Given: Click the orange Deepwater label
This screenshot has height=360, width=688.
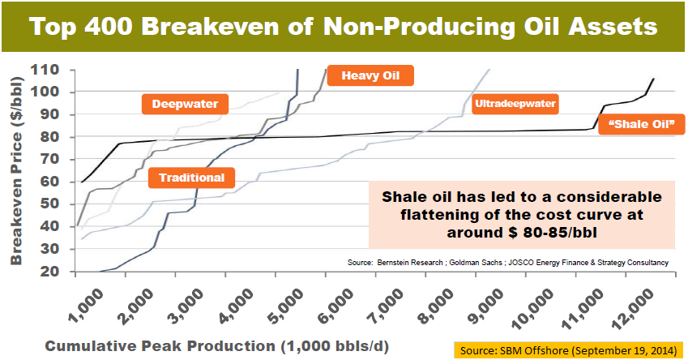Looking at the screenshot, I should [185, 104].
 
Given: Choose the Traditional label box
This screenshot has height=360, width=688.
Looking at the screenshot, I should [191, 177].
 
